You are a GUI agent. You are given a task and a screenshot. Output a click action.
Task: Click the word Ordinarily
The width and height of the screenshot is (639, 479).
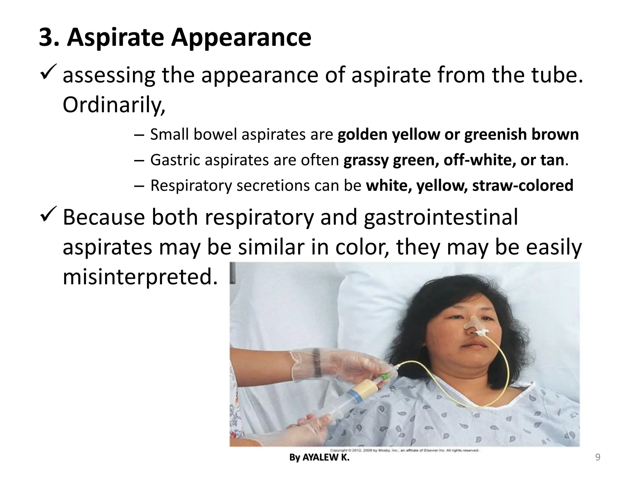pyautogui.click(x=114, y=105)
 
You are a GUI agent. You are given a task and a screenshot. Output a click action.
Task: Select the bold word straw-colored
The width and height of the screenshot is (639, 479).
pyautogui.click(x=523, y=185)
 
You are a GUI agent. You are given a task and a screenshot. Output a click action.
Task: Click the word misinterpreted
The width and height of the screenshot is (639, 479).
pyautogui.click(x=140, y=276)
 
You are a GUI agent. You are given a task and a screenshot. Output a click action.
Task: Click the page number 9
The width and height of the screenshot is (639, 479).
pyautogui.click(x=598, y=457)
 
